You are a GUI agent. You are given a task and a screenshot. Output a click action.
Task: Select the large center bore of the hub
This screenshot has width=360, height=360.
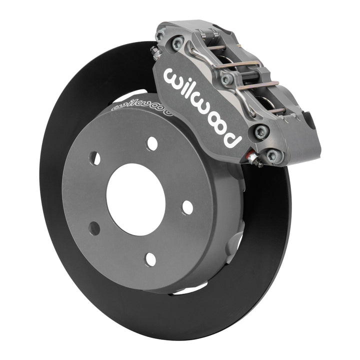(135, 192)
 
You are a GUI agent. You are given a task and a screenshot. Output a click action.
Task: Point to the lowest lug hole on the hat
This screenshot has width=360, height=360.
(150, 259)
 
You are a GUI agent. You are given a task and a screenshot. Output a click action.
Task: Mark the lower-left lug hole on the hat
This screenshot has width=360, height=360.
(93, 228)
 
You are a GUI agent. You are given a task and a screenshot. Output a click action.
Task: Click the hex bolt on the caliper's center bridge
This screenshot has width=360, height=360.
(226, 78)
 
